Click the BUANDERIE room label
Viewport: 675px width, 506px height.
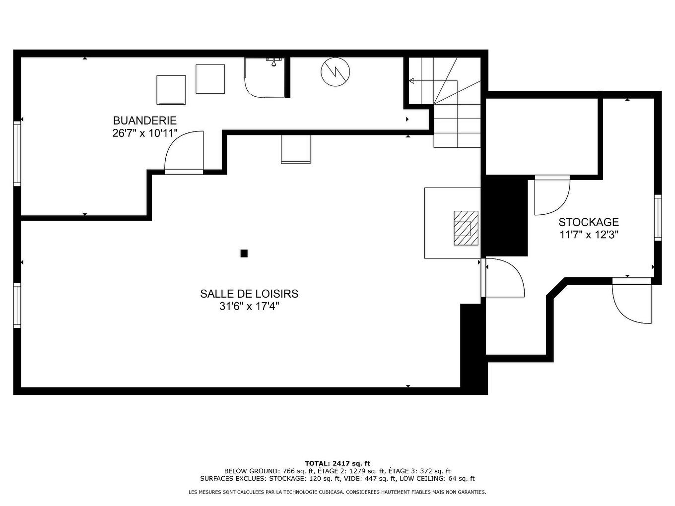145,120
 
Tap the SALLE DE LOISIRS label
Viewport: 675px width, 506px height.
249,294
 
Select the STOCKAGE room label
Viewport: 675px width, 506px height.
589,222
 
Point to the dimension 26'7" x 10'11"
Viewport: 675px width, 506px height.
145,133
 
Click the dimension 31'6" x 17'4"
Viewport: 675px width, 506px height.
249,307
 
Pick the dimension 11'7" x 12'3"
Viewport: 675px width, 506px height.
589,235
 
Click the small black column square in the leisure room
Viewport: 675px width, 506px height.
244,253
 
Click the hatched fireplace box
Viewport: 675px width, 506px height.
466,228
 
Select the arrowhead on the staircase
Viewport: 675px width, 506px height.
411,81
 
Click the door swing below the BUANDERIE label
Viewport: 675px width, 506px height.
184,153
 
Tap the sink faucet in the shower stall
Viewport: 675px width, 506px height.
273,61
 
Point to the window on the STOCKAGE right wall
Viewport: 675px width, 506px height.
658,217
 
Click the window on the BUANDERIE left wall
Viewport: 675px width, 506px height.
17,153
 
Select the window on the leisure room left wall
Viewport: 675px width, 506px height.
17,306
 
